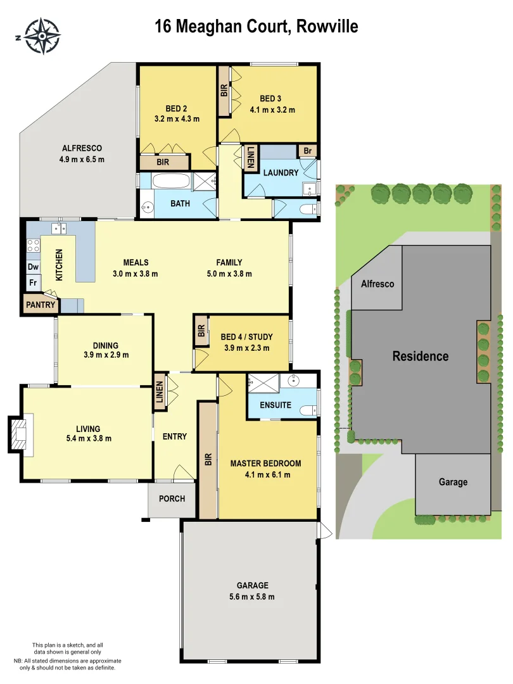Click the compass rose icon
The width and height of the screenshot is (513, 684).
click(x=42, y=35)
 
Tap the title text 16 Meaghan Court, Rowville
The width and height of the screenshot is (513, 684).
click(x=256, y=26)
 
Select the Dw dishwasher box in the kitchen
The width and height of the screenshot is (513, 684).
click(x=32, y=267)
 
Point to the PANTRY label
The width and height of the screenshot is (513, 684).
click(x=41, y=305)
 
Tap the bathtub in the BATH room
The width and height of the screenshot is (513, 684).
click(x=170, y=182)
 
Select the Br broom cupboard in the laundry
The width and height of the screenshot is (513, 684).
click(x=308, y=151)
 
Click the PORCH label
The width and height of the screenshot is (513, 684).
click(x=172, y=498)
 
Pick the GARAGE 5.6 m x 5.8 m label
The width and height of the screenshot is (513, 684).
click(x=253, y=591)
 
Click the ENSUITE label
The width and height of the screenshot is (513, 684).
click(x=275, y=405)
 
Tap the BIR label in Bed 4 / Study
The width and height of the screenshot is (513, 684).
click(x=201, y=331)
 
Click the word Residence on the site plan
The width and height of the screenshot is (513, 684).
click(x=420, y=356)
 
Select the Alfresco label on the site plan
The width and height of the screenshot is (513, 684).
click(x=377, y=284)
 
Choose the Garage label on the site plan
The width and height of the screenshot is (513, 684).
click(x=453, y=482)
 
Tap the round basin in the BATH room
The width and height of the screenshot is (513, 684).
click(x=147, y=207)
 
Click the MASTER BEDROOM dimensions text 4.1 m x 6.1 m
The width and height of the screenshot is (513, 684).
click(x=265, y=474)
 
